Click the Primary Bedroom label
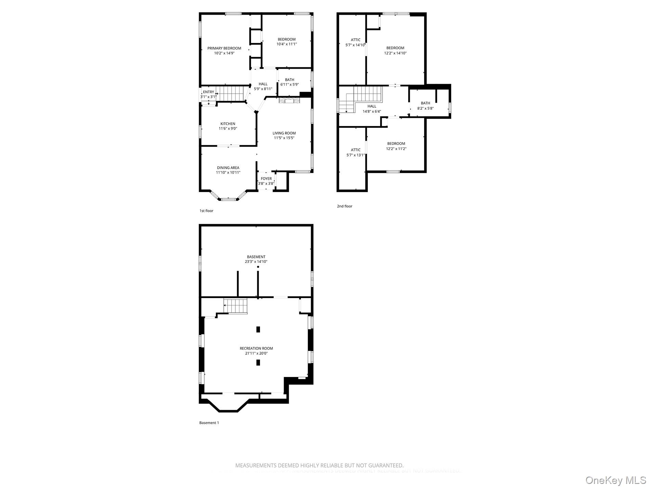(224, 48)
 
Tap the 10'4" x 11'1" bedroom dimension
(286, 44)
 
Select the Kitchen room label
(227, 124)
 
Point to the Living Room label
(284, 133)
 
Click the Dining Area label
(228, 168)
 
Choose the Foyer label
(266, 179)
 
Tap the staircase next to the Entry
(231, 94)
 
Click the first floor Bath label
(289, 80)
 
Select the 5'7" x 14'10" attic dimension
(355, 45)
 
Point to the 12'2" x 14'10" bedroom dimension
(395, 53)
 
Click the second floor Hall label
(372, 106)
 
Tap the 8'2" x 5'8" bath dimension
(425, 108)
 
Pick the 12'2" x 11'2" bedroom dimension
(396, 149)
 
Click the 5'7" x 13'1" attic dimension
(355, 155)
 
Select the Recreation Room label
(256, 349)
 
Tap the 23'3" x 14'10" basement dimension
(256, 262)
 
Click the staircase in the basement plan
(235, 306)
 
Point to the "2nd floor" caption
(344, 206)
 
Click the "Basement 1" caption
(209, 423)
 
